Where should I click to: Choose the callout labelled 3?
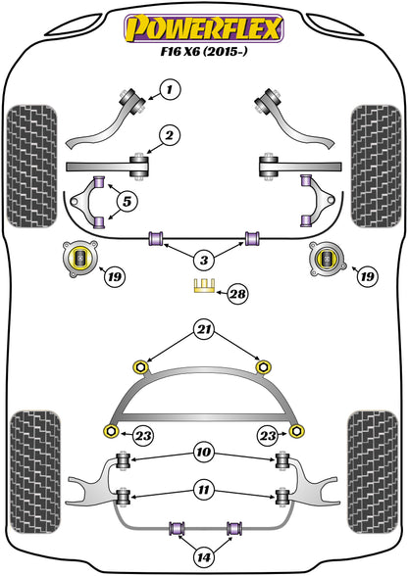point(203,260)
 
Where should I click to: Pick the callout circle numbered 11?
point(203,487)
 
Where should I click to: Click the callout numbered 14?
point(203,557)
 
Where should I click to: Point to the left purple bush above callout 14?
point(179,530)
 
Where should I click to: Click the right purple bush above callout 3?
point(253,238)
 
